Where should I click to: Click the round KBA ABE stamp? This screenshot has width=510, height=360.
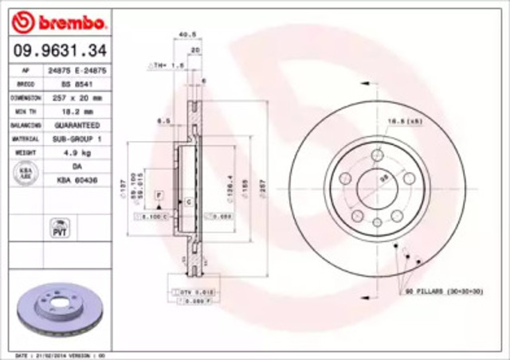click(25, 174)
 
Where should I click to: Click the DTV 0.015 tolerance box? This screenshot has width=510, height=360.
click(194, 292)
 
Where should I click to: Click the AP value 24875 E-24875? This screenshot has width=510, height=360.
click(78, 69)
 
